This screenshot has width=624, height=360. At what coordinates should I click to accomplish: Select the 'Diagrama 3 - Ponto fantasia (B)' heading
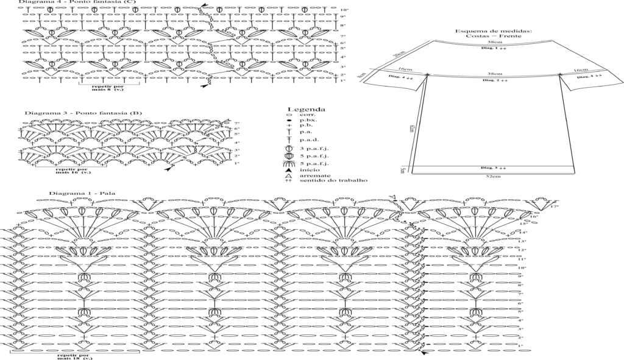66,113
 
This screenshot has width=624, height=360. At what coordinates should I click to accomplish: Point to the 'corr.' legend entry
306,116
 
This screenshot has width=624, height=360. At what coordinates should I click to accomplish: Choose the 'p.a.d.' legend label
308,139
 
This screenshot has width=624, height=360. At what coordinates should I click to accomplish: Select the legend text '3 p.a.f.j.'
311,149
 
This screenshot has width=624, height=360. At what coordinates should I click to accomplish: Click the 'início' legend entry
308,169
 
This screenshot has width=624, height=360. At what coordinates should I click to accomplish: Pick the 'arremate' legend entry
311,175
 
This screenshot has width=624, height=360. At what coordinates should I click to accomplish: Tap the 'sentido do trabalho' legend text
333,180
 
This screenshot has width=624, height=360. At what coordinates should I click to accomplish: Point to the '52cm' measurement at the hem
494,176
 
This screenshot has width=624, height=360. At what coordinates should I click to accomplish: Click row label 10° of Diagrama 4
344,10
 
